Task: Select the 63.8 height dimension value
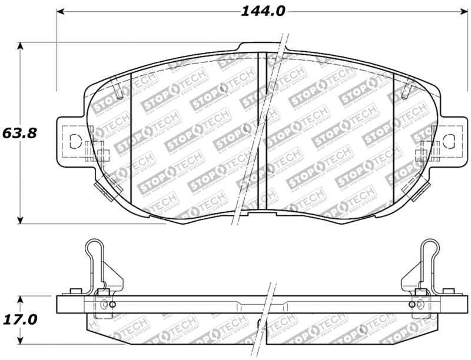click(20, 133)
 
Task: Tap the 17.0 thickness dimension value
click(20, 319)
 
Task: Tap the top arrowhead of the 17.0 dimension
click(21, 298)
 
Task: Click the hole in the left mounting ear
click(74, 141)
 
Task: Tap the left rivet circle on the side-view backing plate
click(105, 304)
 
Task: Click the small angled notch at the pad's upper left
click(120, 91)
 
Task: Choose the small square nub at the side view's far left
click(74, 291)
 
